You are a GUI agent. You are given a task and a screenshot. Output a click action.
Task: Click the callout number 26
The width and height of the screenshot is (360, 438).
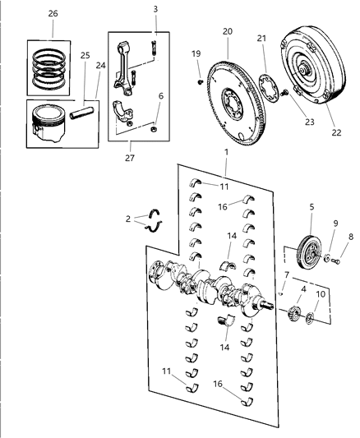click(x=53, y=13)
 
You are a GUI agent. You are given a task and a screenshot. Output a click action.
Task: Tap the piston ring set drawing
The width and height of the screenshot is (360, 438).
click(x=48, y=68)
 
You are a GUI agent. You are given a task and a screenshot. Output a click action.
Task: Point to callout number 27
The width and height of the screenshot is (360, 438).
click(x=130, y=158)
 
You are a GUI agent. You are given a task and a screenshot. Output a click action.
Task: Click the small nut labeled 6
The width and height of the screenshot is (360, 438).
click(x=154, y=129)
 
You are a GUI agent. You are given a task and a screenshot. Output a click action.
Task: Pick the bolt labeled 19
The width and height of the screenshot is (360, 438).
click(x=201, y=82)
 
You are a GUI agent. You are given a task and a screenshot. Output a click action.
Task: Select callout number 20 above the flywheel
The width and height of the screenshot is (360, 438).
click(x=228, y=31)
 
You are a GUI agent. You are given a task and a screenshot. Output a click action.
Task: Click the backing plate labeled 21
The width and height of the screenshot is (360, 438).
click(x=269, y=87)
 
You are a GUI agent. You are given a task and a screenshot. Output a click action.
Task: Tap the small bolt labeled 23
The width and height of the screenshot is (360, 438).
click(x=284, y=93)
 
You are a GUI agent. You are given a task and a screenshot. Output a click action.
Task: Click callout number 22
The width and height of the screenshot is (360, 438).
click(x=336, y=132)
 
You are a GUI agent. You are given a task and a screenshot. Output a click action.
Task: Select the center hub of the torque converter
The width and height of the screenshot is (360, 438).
click(x=302, y=70)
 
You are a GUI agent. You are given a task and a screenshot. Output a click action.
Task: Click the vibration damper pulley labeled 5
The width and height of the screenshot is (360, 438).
click(x=309, y=252)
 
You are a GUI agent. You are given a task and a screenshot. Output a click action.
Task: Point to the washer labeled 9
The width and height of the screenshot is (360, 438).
click(x=327, y=258)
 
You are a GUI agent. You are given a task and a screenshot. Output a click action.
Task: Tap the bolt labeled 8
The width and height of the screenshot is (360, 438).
click(x=336, y=261)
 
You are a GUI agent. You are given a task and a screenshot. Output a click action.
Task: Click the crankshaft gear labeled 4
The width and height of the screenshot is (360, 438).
click(x=294, y=313)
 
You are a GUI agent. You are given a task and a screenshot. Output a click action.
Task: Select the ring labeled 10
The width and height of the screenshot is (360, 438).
click(x=309, y=319)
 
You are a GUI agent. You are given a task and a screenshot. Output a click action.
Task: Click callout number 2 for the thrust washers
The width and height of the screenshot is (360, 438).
click(x=128, y=219)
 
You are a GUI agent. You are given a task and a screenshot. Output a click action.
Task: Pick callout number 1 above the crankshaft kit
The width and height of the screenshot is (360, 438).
click(x=226, y=152)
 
